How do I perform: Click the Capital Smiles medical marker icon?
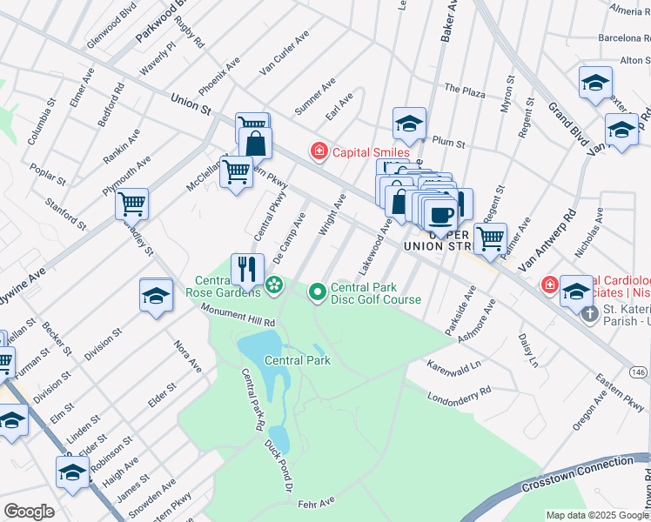[319, 152]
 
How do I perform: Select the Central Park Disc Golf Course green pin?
[318, 290]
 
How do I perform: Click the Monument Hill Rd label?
[238, 315]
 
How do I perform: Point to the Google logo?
[29, 512]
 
